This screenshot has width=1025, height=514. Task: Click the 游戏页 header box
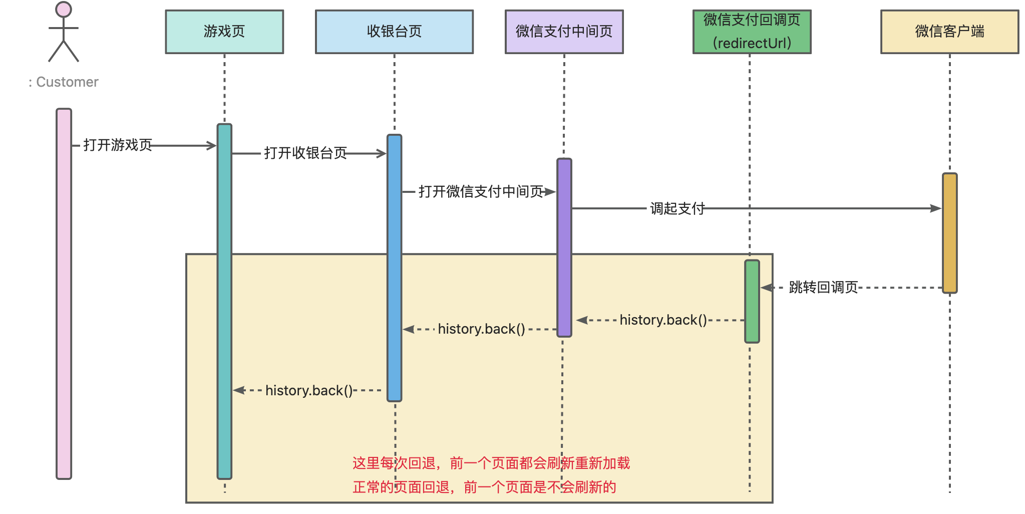[x=224, y=32]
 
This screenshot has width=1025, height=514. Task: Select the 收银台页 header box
[x=394, y=32]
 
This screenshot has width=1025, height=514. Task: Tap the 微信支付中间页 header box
[x=564, y=32]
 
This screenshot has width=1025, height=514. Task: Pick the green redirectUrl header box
[x=752, y=32]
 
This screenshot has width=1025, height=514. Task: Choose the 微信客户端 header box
[x=949, y=32]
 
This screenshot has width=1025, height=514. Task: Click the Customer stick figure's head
[x=64, y=10]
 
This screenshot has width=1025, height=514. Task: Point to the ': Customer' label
[x=64, y=82]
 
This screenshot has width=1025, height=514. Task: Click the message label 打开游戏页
[x=118, y=145]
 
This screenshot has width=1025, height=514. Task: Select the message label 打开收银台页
[x=305, y=153]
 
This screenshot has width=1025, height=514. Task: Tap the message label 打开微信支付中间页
[x=481, y=191]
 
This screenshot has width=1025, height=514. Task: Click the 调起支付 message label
[x=677, y=208]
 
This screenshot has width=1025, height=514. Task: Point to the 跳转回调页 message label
[x=823, y=288]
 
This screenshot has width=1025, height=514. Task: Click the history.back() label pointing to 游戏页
[x=309, y=390]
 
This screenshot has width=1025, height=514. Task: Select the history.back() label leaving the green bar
[x=663, y=320]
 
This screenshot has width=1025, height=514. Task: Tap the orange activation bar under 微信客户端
[x=949, y=233]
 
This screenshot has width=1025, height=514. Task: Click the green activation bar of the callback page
[x=752, y=301]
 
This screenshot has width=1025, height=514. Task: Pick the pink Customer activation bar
[x=64, y=293]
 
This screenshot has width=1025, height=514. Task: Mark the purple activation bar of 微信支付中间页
[x=564, y=247]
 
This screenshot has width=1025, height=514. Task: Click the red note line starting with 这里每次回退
[x=491, y=463]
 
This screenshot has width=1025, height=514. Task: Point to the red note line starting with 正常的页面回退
[x=484, y=487]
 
